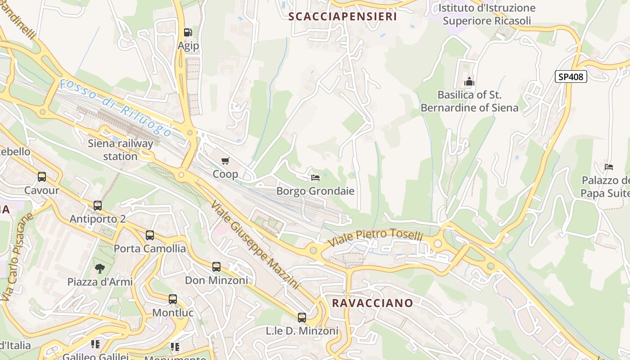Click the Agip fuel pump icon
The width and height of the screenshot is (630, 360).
point(188,32)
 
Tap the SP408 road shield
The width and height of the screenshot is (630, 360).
point(571,76)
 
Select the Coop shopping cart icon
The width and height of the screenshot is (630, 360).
point(225,161)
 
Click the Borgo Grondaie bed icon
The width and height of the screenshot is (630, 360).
point(315,177)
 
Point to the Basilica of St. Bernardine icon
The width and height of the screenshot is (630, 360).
point(469,82)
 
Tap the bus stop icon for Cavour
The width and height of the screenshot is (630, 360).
point(42,177)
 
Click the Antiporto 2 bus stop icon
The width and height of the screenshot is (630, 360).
point(98,206)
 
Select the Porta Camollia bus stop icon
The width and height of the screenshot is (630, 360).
point(150,235)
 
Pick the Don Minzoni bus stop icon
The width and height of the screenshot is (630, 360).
point(216,267)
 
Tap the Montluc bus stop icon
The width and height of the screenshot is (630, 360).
point(173,299)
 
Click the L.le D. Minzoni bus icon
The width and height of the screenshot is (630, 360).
point(302,318)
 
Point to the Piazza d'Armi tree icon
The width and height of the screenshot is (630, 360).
point(100,269)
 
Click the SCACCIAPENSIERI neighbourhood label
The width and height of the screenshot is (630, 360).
point(342,17)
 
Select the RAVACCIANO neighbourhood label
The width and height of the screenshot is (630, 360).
point(372,303)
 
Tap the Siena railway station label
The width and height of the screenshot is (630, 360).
point(120,150)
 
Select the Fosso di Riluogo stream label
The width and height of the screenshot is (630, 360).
point(116,108)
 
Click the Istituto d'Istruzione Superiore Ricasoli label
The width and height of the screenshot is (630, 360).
point(486,14)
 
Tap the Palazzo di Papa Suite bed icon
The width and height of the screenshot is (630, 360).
point(609,167)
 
